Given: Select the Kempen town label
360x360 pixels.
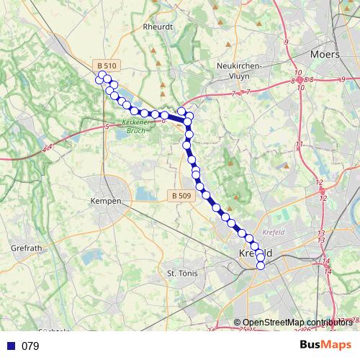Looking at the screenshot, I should tap(106, 202).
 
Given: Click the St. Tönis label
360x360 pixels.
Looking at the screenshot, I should tap(181, 274).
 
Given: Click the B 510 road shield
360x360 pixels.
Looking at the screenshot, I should tap(105, 66).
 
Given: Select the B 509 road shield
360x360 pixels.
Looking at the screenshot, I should tap(183, 194).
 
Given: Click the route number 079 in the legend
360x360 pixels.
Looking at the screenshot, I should tap(30, 346).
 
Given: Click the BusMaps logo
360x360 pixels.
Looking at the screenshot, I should tap(327, 346).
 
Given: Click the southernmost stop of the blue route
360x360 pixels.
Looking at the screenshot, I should tap(261, 266).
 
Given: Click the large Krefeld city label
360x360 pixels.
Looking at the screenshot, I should tap(255, 254).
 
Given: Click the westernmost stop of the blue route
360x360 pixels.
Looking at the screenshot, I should tap(100, 78).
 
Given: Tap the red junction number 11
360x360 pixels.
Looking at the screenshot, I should tap(298, 145).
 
